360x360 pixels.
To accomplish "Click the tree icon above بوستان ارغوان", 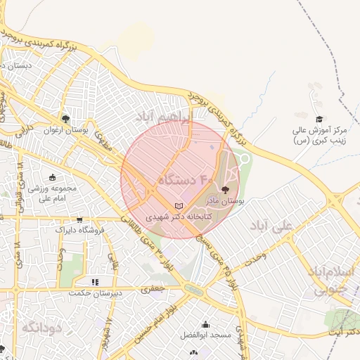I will click(x=65, y=119).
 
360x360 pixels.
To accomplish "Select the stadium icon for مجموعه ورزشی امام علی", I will click(x=53, y=177).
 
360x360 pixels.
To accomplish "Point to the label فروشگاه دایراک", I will click(x=80, y=230).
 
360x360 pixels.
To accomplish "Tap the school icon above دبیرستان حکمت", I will click(x=95, y=281).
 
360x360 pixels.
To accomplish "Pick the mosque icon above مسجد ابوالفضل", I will click(x=205, y=324).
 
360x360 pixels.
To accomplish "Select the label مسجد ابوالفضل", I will click(x=205, y=335).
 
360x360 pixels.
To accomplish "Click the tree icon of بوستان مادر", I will click(x=225, y=189).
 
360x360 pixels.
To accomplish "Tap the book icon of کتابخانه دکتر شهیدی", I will click(x=178, y=206).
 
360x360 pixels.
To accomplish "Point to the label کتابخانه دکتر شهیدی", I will click(x=178, y=217).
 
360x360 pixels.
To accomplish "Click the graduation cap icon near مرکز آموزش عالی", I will click(x=319, y=120).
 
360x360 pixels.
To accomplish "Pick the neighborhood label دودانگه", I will click(x=43, y=328).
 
